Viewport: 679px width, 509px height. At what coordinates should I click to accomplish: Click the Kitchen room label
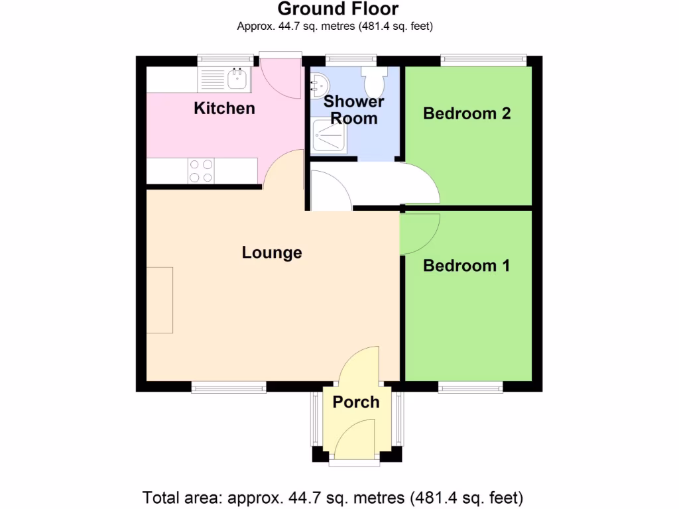pyautogui.click(x=224, y=108)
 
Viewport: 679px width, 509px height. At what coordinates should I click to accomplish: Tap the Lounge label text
pyautogui.click(x=272, y=253)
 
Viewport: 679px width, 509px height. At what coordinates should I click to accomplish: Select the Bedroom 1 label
pyautogui.click(x=467, y=266)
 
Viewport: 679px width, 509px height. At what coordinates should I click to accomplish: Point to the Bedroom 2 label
pyautogui.click(x=467, y=113)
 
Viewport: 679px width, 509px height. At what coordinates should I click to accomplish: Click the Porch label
pyautogui.click(x=356, y=402)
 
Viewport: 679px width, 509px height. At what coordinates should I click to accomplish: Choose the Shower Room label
pyautogui.click(x=353, y=110)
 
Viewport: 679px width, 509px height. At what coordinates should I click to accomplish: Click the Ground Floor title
pyautogui.click(x=338, y=9)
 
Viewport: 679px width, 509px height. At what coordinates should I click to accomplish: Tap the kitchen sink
pyautogui.click(x=237, y=79)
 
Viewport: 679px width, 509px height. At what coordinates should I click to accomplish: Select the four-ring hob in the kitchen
pyautogui.click(x=201, y=170)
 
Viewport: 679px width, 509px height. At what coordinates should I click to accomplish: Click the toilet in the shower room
pyautogui.click(x=374, y=80)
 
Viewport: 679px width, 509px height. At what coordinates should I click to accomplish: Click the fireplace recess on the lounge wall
pyautogui.click(x=160, y=300)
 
